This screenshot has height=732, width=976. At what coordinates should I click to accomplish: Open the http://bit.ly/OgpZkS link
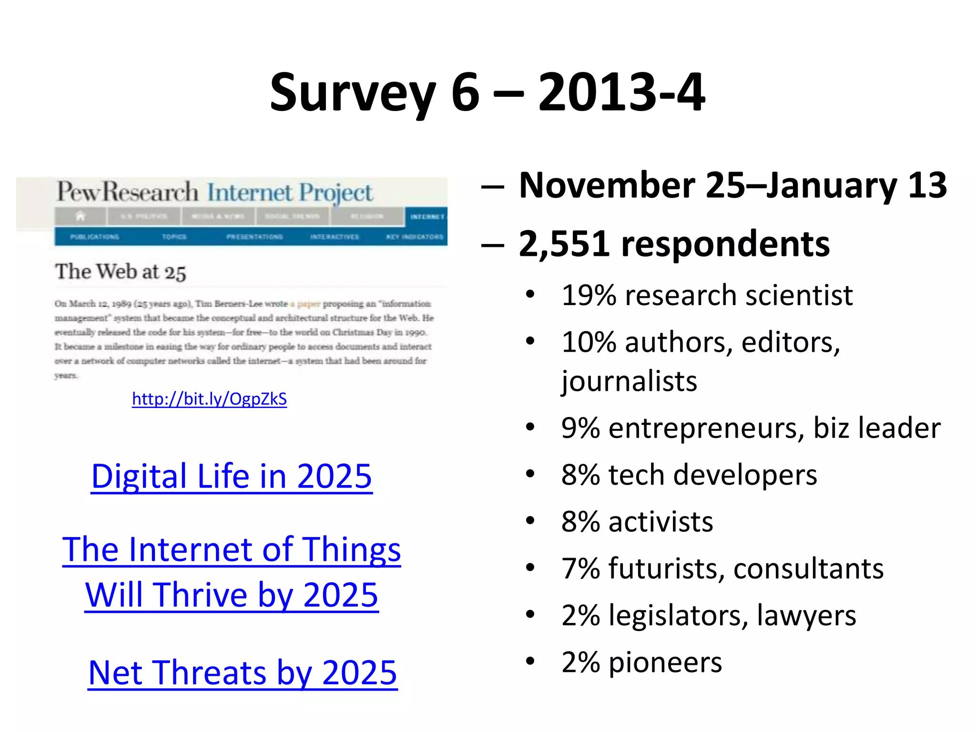pos(209,399)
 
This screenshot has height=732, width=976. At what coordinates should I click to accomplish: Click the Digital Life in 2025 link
pos(232,476)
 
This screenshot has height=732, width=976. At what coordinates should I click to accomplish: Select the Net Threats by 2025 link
pos(243,672)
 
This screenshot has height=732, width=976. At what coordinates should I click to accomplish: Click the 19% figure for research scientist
pos(589,295)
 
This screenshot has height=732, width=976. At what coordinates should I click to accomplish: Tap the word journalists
pos(629,381)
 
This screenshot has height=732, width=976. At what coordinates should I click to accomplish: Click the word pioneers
pos(665,662)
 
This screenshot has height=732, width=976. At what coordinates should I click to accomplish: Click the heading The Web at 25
pos(120,272)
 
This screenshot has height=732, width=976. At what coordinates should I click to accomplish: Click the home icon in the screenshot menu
pos(80,216)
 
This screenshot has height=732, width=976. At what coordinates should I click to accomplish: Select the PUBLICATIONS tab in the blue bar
pos(94,237)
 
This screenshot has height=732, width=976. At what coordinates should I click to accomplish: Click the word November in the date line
pos(606,185)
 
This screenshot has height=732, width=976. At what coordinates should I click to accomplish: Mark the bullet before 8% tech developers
pos(530,475)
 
